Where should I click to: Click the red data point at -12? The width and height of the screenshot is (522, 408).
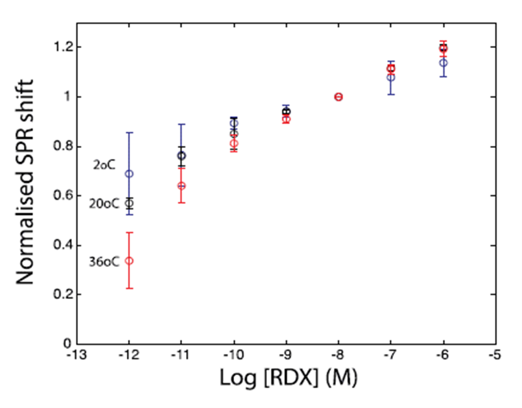pos(129,261)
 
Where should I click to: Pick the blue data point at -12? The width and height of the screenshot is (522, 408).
pos(129,173)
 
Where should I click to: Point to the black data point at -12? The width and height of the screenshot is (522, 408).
pos(129,203)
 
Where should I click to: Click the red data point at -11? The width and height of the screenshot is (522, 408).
pos(182,185)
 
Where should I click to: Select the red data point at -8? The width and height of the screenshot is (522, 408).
pos(339,97)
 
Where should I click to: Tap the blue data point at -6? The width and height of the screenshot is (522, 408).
pos(444,63)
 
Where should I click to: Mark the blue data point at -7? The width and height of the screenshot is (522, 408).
pos(391,77)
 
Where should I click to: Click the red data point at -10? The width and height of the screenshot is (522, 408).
pos(234,144)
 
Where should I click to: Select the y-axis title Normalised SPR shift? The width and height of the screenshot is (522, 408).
pos(27,182)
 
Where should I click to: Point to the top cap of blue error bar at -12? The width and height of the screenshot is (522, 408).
pos(129,132)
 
